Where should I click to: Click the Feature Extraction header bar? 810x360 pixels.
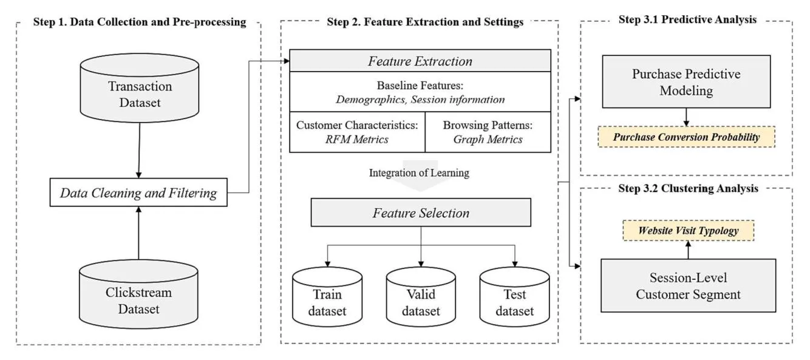pos(420,61)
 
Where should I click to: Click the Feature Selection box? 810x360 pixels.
pos(421,213)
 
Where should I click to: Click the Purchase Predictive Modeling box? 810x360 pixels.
pos(687,83)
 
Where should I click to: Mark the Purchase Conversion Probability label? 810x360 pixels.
pos(686,137)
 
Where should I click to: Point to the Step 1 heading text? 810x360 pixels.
pos(138,22)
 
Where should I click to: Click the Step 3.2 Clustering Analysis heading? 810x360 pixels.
pos(688,188)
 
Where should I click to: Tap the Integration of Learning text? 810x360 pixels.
pos(419,172)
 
